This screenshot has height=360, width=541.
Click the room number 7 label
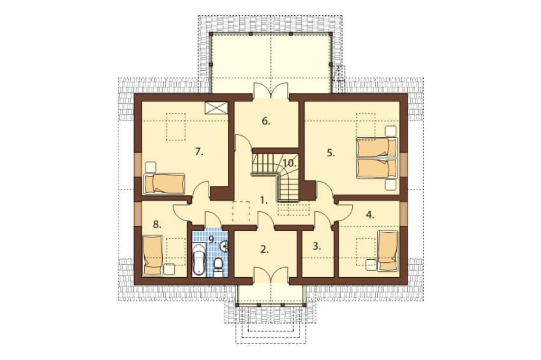pos(199,151)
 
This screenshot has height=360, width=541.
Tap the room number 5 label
pos(331,153)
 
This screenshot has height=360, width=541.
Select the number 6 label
pos(266,121)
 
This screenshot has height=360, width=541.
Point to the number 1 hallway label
pos(264,200)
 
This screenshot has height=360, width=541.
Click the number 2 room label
pos(264,249)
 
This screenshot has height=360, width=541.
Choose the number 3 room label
pos(317,246)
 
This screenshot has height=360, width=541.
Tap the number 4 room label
pos(370,215)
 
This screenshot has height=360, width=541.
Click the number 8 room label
pos(157,225)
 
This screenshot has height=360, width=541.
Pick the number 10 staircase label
pos(290,163)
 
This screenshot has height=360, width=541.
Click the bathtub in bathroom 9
pos(199,260)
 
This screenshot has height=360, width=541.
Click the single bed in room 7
pos(165,184)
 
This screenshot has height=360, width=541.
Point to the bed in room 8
pos(153,255)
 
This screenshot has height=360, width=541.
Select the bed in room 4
pos(388,251)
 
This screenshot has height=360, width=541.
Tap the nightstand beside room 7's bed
pos(150,167)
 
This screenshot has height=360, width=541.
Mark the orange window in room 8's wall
pos(138,213)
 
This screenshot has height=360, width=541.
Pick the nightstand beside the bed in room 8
pos(169,269)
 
